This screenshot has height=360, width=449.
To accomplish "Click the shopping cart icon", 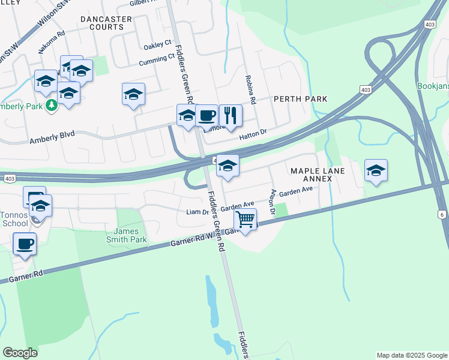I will coord(245,220).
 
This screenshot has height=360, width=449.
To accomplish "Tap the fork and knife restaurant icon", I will coord(231,115).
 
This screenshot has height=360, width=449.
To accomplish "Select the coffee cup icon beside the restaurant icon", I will coord(207,115).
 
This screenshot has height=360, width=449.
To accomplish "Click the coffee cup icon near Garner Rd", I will coord(25,244).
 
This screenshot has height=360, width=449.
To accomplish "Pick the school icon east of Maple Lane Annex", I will coord(376,170).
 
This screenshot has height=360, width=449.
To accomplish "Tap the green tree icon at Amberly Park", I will coord(52,106).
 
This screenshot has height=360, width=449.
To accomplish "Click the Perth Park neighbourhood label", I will coord(300,99).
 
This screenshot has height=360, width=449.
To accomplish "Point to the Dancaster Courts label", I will coord(106,23).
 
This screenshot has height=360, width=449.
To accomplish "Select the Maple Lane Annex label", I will coord(318,175).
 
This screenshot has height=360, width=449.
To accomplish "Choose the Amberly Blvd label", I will coord(52,137).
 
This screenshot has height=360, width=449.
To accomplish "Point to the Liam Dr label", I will coord(197,212).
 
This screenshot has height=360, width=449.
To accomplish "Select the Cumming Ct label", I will coord(156,59).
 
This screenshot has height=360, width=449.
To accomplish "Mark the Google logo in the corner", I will coord(20,352).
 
